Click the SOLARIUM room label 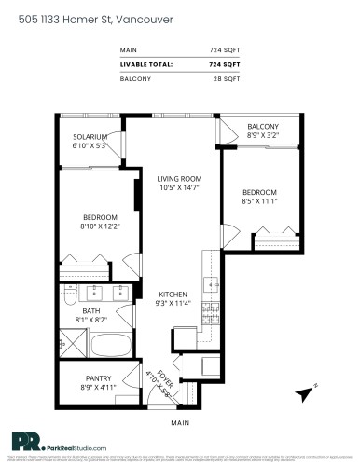coord(91,137)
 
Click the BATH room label coord(91,310)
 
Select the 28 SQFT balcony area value coord(226,78)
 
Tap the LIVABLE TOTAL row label coord(146,63)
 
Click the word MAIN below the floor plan coord(180,422)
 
